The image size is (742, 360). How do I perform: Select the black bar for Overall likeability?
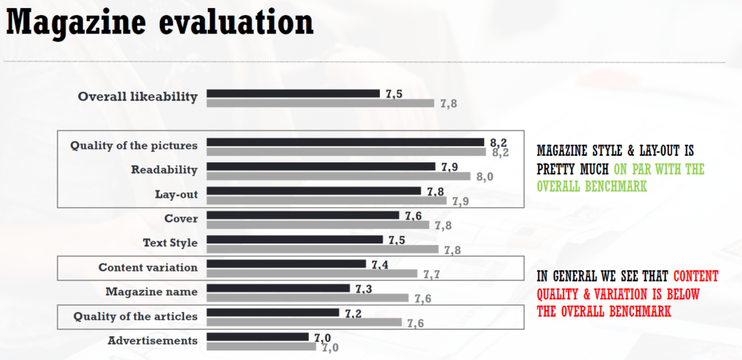pos(293,93)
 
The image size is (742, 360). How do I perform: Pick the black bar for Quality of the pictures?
pos(345,142)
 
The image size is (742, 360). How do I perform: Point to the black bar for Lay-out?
pos(314,191)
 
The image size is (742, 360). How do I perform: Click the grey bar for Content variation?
pos(312,274)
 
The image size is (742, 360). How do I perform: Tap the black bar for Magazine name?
pos(278,288)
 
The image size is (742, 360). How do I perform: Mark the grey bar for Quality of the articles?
pos(304,322)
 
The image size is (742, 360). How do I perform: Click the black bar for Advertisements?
pos(258,337)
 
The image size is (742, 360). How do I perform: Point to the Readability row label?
pos(164,169)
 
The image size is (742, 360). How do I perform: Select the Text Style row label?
pos(170,242)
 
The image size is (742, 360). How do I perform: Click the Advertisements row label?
pos(152,340)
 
